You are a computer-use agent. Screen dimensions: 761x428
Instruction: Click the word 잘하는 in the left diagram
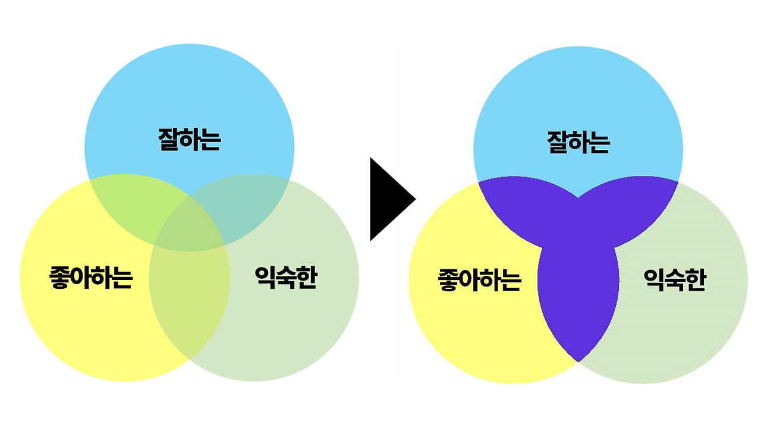(189, 139)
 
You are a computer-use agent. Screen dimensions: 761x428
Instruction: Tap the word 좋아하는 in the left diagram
(90, 278)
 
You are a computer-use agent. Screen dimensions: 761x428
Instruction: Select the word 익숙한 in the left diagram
(285, 277)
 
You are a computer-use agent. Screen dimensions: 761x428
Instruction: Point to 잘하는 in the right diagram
(578, 143)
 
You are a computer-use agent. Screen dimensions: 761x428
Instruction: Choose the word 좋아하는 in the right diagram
(479, 279)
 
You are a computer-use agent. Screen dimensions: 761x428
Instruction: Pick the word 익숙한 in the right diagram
(674, 279)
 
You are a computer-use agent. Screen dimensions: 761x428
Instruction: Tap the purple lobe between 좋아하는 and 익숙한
(578, 297)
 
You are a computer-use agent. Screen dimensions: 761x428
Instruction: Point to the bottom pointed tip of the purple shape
(578, 359)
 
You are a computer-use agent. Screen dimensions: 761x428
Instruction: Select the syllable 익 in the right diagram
(654, 279)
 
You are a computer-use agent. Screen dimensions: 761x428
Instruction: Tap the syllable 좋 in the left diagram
(59, 278)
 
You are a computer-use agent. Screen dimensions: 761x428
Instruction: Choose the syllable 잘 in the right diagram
(558, 143)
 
